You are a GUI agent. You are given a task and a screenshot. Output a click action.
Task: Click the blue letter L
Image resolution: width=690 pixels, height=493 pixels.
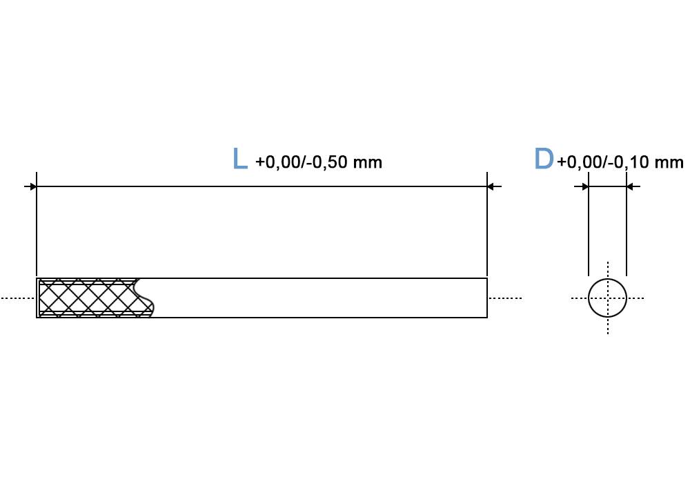[x=240, y=159]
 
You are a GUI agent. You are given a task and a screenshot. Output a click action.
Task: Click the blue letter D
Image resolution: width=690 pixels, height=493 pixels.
[x=544, y=159]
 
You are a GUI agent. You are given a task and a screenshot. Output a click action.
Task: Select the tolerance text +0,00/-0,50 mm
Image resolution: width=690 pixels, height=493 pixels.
[x=319, y=162]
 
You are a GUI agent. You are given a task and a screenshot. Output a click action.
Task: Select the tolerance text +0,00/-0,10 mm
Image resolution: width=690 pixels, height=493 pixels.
[x=620, y=162]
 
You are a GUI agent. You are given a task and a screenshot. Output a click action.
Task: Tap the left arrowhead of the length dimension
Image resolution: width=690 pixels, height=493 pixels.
[x=33, y=186]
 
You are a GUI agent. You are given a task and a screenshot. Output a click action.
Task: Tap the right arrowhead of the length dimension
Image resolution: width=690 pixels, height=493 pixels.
[x=491, y=186]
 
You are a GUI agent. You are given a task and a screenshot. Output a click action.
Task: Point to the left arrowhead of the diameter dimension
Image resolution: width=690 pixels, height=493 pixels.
[x=585, y=186]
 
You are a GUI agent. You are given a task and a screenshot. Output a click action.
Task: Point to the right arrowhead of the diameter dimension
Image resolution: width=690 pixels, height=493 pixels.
[x=630, y=186]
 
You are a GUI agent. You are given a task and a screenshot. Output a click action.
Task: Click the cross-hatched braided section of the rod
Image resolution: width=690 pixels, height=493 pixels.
[x=88, y=298]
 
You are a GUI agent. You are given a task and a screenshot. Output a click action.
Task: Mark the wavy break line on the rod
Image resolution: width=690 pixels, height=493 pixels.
[x=144, y=298]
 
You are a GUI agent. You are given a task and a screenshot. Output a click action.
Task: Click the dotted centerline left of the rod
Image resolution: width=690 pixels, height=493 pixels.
[x=18, y=298]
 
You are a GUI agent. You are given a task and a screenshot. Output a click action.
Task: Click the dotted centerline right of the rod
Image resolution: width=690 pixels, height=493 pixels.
[x=505, y=298]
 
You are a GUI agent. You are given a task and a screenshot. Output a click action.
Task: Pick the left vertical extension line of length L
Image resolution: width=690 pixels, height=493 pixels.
[x=37, y=224]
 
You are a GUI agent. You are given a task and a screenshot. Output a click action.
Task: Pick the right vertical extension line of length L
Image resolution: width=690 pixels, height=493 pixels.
[x=487, y=224]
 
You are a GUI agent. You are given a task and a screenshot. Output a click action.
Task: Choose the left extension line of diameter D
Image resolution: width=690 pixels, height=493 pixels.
[x=589, y=224]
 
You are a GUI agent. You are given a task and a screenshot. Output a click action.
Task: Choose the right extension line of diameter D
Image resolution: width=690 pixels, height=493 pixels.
[x=627, y=224]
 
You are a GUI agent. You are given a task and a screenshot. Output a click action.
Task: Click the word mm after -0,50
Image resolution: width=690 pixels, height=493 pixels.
[x=368, y=163]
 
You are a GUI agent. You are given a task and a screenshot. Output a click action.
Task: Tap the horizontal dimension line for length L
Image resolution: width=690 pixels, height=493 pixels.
[x=262, y=186]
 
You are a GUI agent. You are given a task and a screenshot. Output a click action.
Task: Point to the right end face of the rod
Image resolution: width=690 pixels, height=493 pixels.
[x=487, y=298]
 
